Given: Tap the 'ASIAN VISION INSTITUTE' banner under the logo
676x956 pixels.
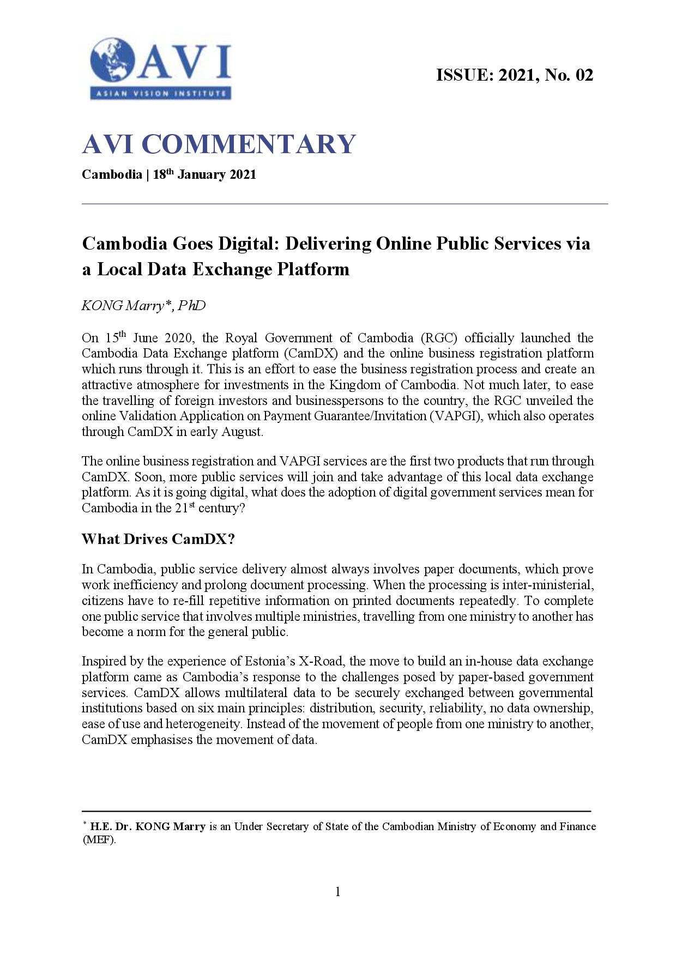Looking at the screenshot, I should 160,93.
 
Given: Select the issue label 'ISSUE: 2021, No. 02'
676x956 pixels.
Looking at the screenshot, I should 514,75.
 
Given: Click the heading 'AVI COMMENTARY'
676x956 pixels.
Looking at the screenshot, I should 219,144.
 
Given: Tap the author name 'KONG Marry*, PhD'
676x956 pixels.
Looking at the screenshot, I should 143,306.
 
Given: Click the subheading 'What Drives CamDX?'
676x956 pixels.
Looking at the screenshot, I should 158,539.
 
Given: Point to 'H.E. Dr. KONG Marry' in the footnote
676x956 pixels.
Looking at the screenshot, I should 148,826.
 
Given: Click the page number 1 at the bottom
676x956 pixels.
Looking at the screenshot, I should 337,892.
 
